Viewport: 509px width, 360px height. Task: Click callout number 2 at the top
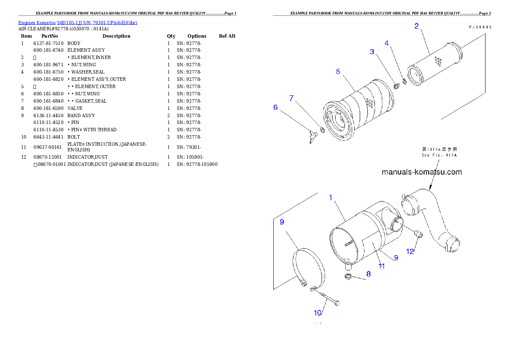pos(417,26)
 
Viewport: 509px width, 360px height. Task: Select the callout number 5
pos(338,71)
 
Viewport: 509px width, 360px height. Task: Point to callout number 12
pos(410,251)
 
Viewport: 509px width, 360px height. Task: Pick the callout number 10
pos(318,313)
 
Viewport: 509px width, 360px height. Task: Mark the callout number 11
pos(382,266)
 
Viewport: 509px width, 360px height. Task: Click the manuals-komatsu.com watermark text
pos(421,172)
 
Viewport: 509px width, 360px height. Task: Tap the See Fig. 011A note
pos(439,153)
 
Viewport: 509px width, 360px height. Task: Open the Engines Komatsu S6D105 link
pos(77,22)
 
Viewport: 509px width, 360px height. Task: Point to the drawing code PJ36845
pos(479,27)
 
